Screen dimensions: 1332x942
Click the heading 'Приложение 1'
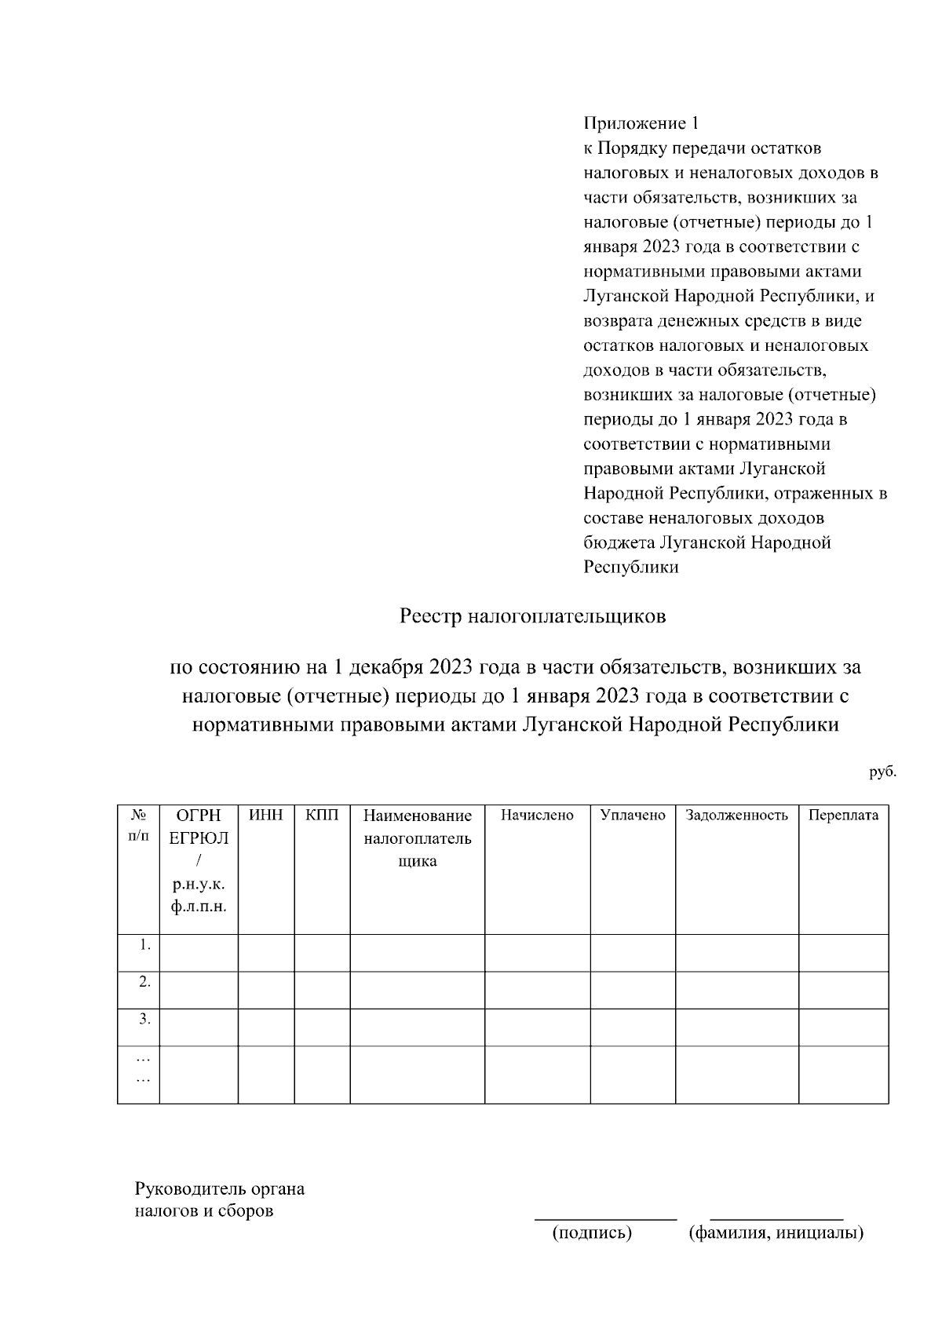641,123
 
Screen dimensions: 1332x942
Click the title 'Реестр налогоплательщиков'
532,616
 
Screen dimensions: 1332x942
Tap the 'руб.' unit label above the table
882,772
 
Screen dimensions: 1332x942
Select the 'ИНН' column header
265,815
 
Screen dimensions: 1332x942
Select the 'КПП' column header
322,815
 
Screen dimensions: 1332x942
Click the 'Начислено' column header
537,815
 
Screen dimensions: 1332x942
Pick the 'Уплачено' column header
633,815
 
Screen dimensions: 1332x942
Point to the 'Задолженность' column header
736,815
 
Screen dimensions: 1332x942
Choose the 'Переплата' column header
843,815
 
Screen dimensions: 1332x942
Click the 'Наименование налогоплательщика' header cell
417,838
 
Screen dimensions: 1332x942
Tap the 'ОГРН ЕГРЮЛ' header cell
199,827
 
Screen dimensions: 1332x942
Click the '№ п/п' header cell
138,826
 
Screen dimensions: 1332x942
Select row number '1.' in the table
144,945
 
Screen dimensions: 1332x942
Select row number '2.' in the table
144,982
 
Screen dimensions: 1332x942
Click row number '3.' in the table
144,1019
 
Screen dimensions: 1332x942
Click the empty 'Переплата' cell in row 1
843,953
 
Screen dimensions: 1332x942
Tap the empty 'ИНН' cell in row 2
265,990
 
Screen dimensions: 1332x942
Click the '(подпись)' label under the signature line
592,1232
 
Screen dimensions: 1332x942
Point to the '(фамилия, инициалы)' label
776,1232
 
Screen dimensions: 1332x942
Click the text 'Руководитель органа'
220,1188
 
